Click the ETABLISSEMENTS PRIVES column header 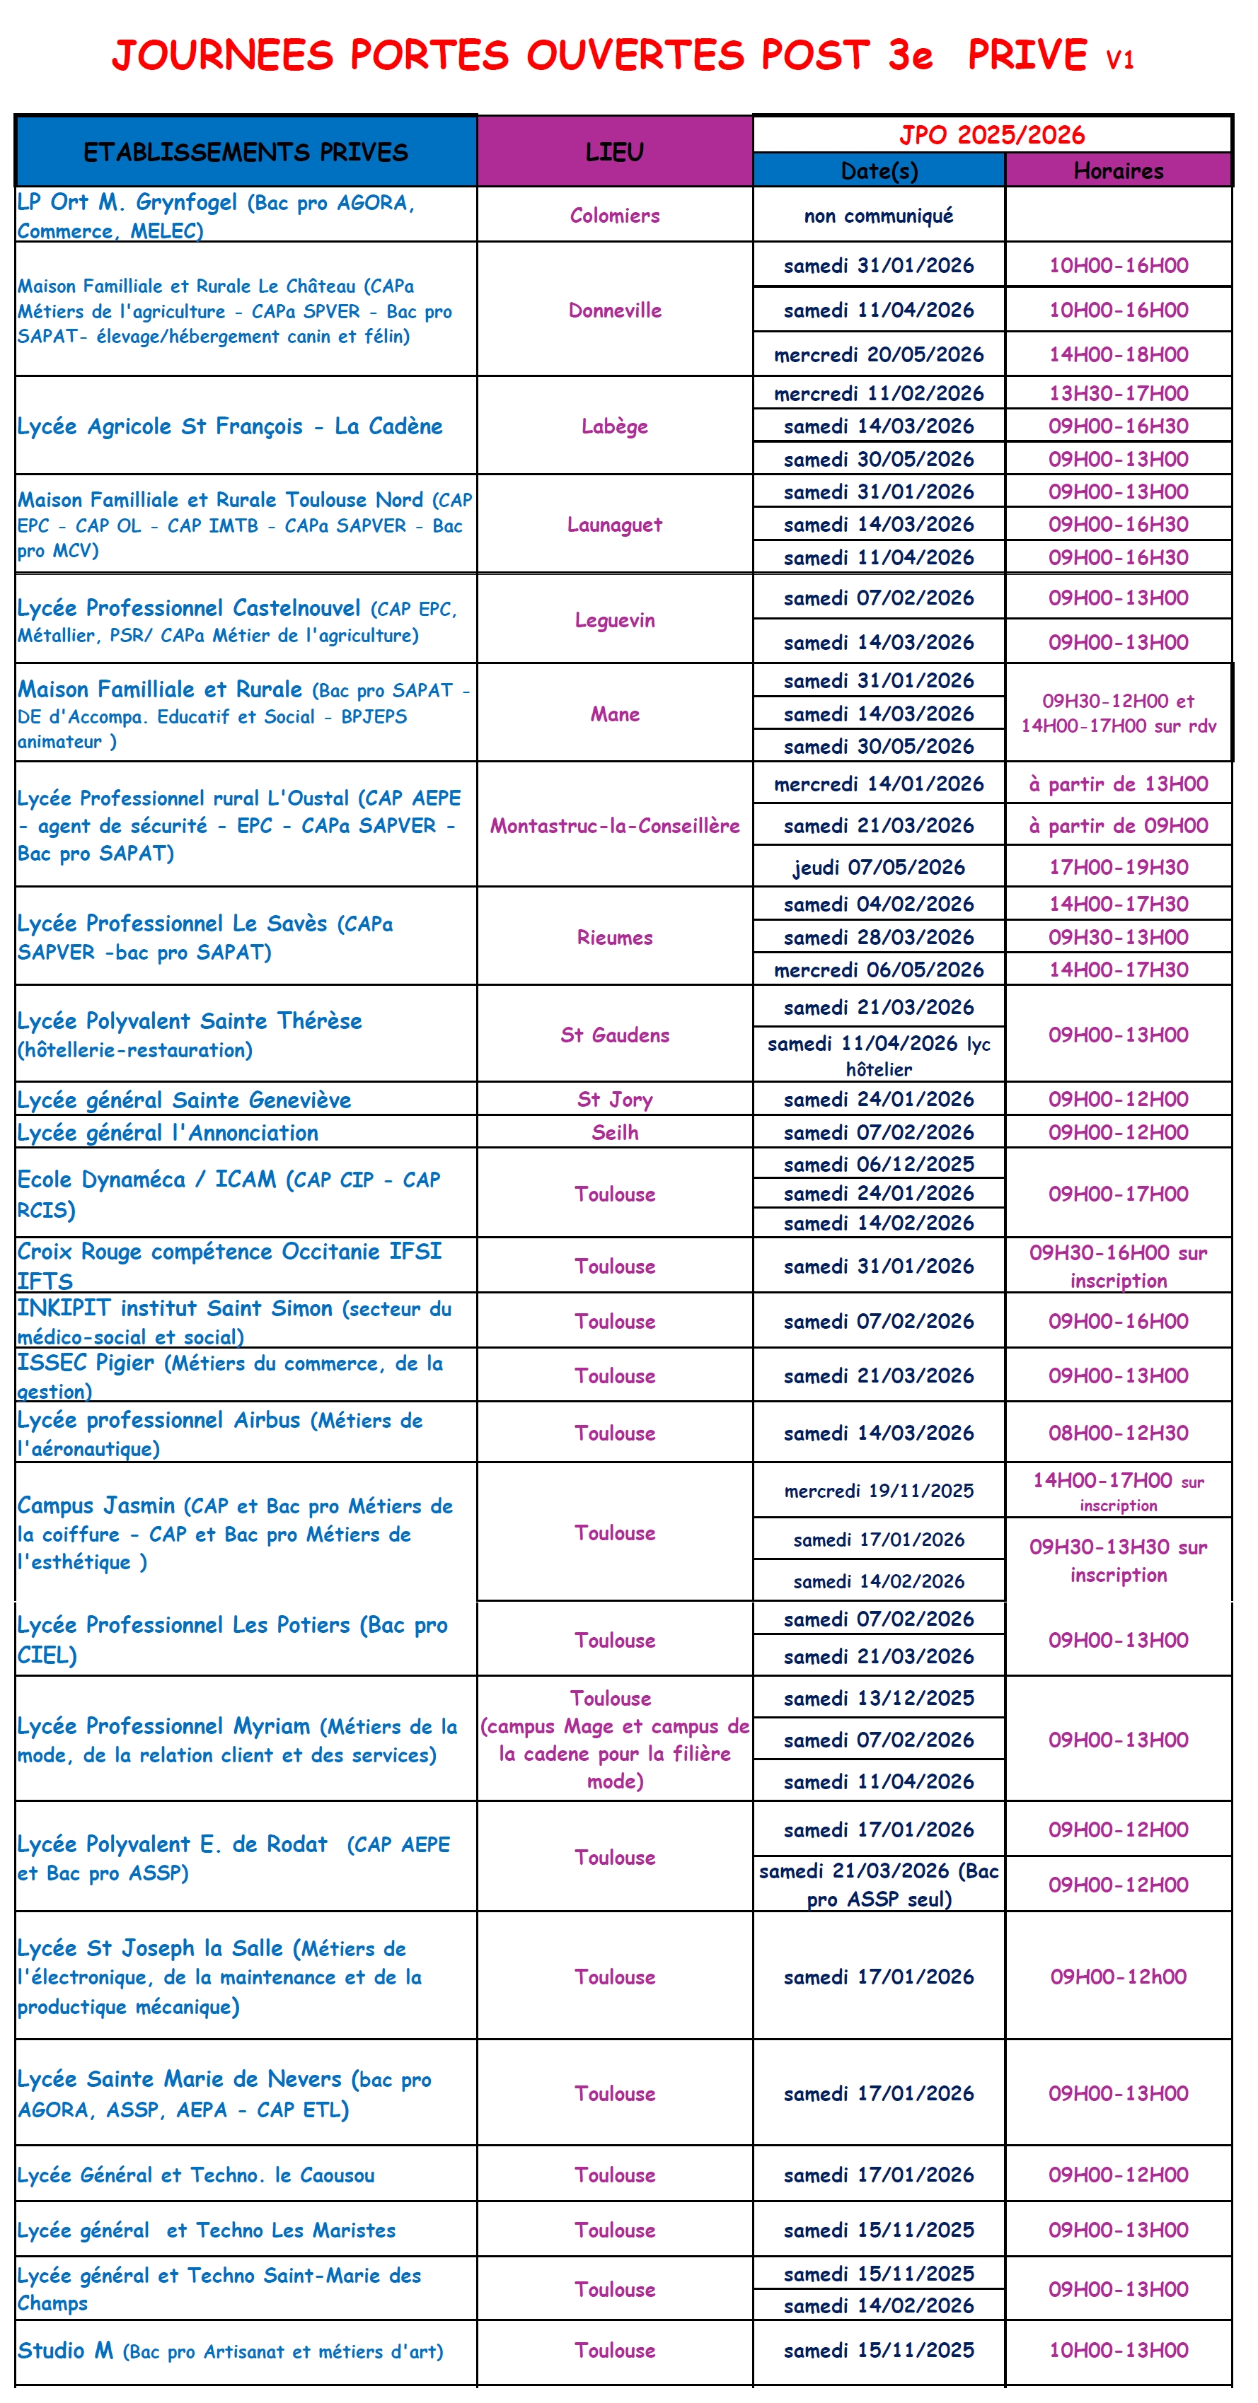point(246,151)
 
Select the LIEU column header point(614,151)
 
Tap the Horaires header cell point(1118,170)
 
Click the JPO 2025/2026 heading point(991,134)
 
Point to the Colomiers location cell point(614,216)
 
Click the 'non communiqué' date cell point(878,216)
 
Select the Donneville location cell point(614,310)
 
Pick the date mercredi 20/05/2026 point(878,354)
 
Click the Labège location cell point(614,426)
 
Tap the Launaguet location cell point(614,524)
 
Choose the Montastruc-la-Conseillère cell point(614,825)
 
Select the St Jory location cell point(614,1100)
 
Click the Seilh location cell point(614,1132)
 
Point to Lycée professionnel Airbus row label point(219,1433)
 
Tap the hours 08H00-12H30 point(1118,1433)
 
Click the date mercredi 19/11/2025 point(878,1491)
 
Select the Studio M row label point(229,2351)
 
